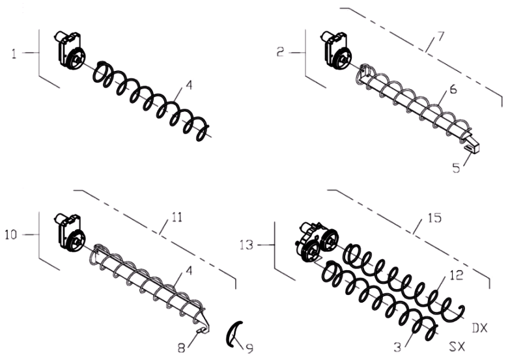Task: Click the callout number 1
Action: point(14,53)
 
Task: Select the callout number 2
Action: point(281,52)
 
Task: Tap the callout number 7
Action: point(440,36)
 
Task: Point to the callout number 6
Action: point(453,89)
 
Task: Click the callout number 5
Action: point(457,168)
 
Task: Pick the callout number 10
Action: point(10,234)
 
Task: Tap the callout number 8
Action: point(181,348)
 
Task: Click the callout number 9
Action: point(249,349)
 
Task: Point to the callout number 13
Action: point(246,245)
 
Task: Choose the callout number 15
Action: point(435,218)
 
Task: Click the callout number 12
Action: point(457,275)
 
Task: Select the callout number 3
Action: point(397,348)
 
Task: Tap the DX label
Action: point(479,329)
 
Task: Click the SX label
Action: point(457,347)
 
